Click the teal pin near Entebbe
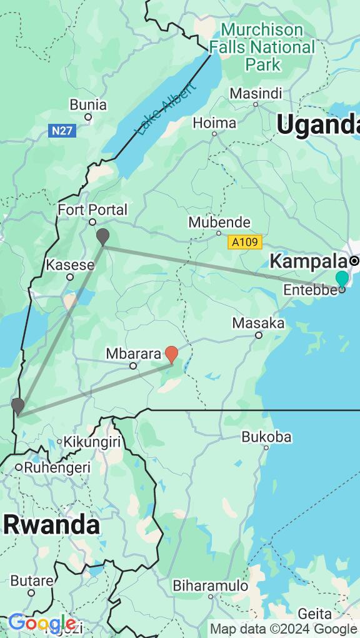(x=342, y=279)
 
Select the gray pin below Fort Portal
(x=102, y=236)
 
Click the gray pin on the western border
(x=17, y=406)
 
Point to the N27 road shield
(x=61, y=131)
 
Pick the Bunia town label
(x=88, y=104)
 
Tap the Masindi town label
(x=256, y=93)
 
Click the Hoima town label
(x=214, y=123)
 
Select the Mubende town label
(x=219, y=222)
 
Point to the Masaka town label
(x=258, y=323)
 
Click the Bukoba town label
(x=266, y=437)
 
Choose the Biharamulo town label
(x=211, y=586)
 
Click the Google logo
(x=42, y=624)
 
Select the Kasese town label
(x=70, y=265)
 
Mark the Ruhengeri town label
(x=56, y=467)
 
